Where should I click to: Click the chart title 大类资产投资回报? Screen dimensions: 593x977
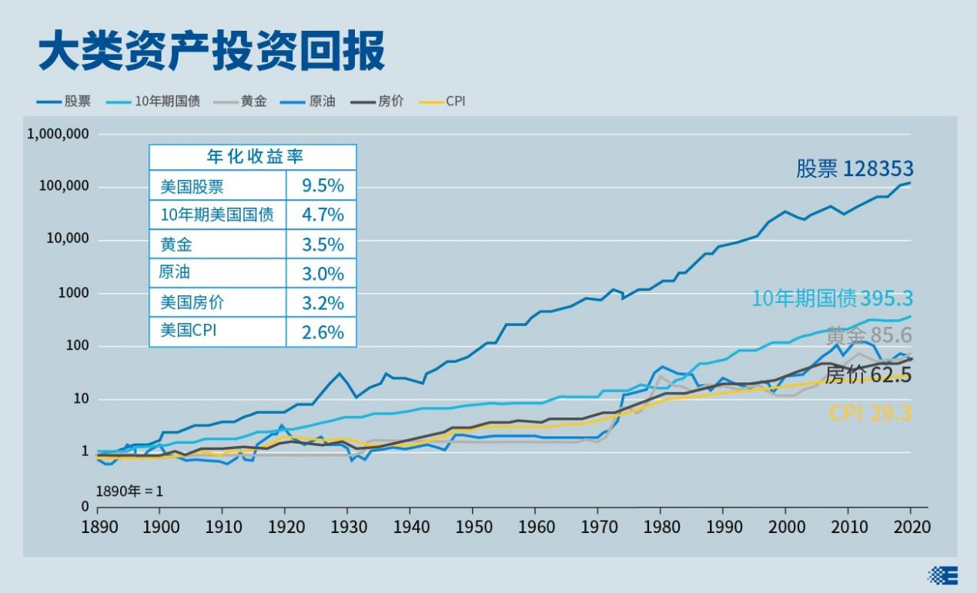pyautogui.click(x=212, y=52)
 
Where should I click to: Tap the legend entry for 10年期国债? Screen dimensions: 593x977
pyautogui.click(x=164, y=102)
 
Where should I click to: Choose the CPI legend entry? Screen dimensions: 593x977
pyautogui.click(x=444, y=102)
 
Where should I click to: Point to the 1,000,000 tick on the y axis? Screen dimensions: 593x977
pyautogui.click(x=59, y=134)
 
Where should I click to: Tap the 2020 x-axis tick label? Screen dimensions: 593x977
pyautogui.click(x=911, y=527)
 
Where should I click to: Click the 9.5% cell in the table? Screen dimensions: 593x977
pyautogui.click(x=321, y=186)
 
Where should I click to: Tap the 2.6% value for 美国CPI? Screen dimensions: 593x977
pyautogui.click(x=321, y=332)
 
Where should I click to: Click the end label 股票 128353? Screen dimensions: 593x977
pyautogui.click(x=855, y=169)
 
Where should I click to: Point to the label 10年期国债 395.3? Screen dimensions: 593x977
pyautogui.click(x=831, y=298)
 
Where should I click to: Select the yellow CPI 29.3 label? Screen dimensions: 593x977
pyautogui.click(x=870, y=413)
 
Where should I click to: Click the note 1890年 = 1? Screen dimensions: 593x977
pyautogui.click(x=129, y=491)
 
